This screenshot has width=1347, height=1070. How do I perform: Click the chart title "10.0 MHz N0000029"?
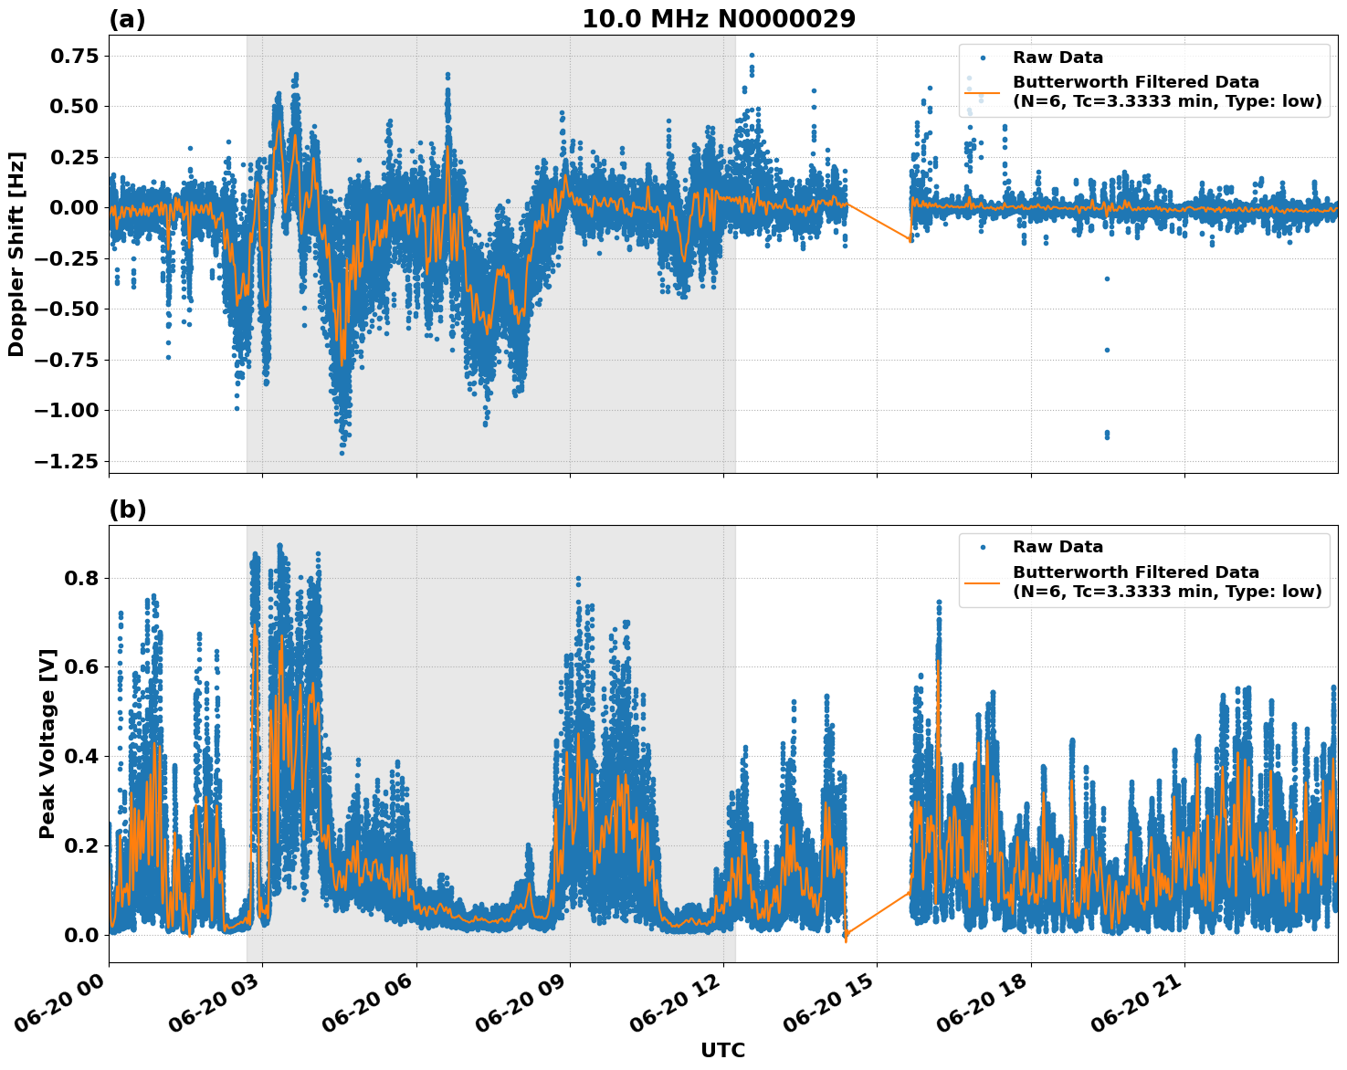coord(719,19)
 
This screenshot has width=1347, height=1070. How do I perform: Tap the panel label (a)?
coord(127,19)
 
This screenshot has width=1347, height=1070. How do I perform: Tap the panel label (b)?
coord(127,509)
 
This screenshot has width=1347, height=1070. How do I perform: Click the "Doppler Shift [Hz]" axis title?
coord(16,254)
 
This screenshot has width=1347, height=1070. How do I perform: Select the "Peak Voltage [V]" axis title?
coord(47,743)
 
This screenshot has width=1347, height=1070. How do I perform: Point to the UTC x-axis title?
coord(722,1050)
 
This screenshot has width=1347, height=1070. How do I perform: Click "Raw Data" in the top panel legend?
coord(1058,58)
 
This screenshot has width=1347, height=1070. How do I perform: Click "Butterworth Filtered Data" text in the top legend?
coord(1135,82)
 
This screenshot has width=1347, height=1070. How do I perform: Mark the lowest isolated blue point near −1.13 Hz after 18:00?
coord(1107,435)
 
